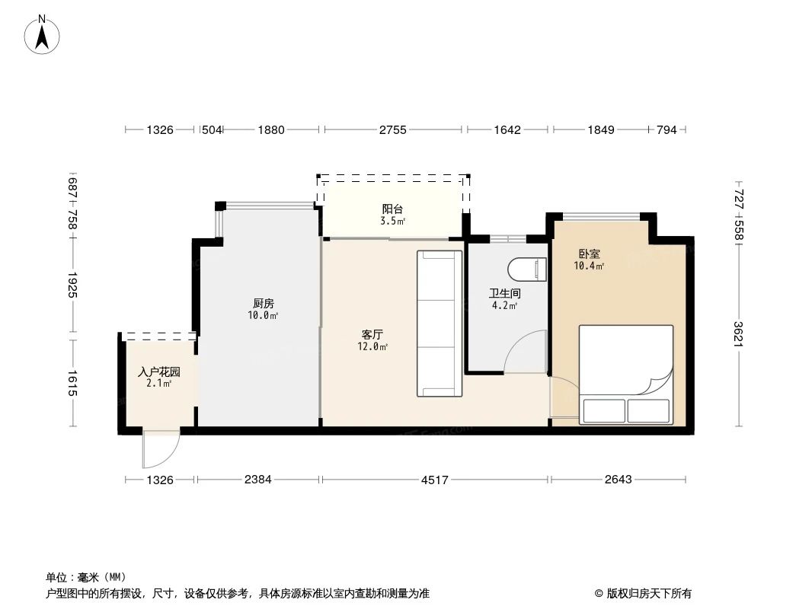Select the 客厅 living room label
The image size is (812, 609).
[x=372, y=334]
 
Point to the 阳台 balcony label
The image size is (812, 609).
[x=392, y=209]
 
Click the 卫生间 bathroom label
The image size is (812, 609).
[x=504, y=293]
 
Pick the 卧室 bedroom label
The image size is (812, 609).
[x=589, y=254]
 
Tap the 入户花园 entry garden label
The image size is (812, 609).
[x=159, y=372]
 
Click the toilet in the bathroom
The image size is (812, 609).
[x=528, y=269]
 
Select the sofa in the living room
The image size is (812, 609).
[x=440, y=324]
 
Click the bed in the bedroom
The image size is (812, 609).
[x=626, y=375]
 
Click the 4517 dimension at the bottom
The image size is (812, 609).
[x=435, y=480]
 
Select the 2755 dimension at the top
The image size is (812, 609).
[x=393, y=130]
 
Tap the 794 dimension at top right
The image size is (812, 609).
[x=667, y=130]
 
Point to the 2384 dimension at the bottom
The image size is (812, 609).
[x=257, y=480]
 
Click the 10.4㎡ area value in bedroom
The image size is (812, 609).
[x=589, y=266]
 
